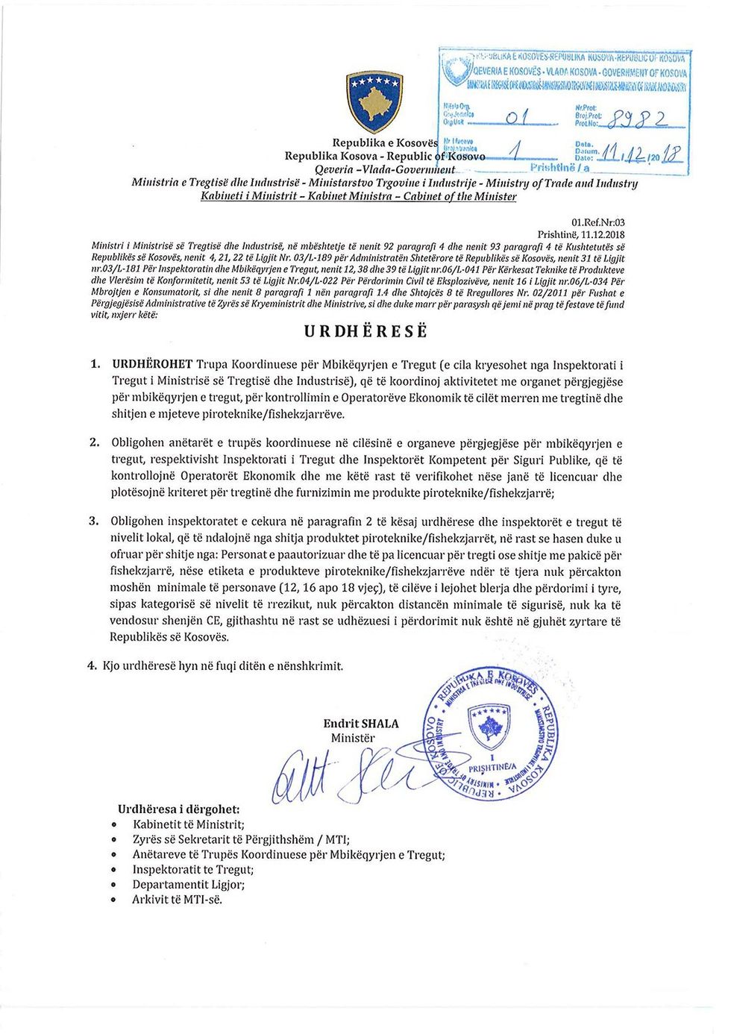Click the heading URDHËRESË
pyautogui.click(x=366, y=332)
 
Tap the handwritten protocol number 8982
pyautogui.click(x=640, y=119)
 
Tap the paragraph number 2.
pyautogui.click(x=94, y=443)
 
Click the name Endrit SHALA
pyautogui.click(x=361, y=724)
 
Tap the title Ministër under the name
pyautogui.click(x=353, y=738)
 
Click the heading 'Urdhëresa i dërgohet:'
pyautogui.click(x=179, y=809)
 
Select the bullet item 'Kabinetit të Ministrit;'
pyautogui.click(x=188, y=824)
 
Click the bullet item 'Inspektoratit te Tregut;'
pyautogui.click(x=193, y=869)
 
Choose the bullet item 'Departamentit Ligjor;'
pyautogui.click(x=189, y=884)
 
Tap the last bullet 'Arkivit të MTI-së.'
pyautogui.click(x=178, y=900)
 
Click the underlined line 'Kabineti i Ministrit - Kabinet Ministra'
pyautogui.click(x=359, y=196)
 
